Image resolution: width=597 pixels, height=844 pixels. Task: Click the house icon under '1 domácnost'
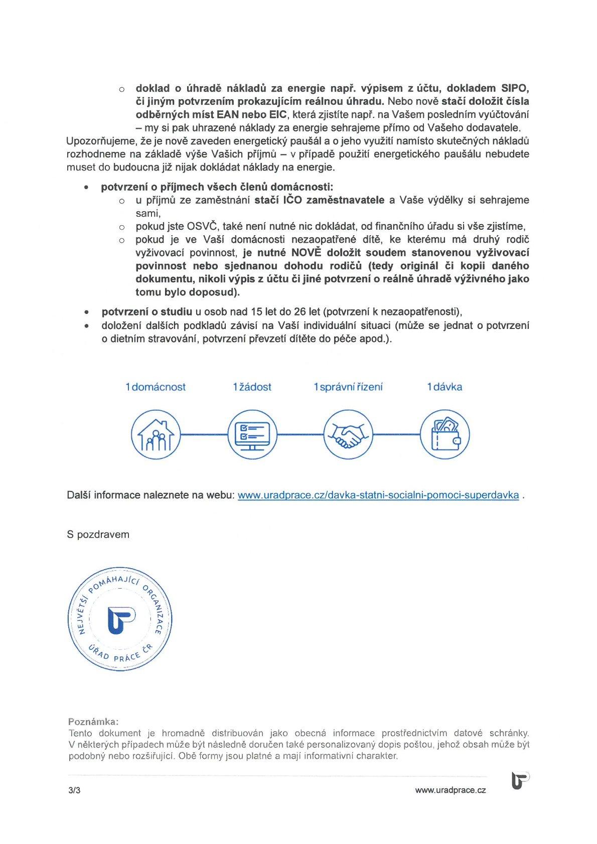tap(156, 434)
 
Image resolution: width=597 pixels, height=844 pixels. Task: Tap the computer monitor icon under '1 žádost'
tap(252, 434)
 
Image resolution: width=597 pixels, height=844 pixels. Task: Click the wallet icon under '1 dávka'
tap(444, 434)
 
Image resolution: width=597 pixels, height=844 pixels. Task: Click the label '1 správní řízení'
tap(348, 387)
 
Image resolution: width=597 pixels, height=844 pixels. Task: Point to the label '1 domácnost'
tap(156, 387)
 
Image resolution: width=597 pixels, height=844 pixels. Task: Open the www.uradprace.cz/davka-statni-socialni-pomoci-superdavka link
tap(378, 495)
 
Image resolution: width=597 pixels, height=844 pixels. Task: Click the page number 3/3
tap(74, 790)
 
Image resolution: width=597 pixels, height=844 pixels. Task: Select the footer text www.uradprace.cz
tap(451, 790)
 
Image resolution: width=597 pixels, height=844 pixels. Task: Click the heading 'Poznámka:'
tap(93, 722)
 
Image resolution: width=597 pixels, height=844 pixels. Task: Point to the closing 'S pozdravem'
tap(98, 535)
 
